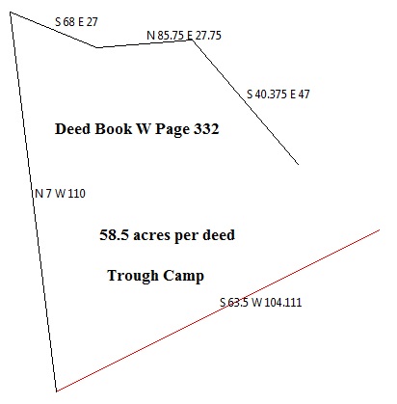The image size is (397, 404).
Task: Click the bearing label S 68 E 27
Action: [x=76, y=22]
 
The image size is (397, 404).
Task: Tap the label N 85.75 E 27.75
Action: [x=184, y=36]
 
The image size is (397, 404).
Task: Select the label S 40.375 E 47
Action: [x=278, y=94]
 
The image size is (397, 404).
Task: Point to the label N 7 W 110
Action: [x=60, y=194]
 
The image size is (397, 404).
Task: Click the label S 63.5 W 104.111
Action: [x=261, y=303]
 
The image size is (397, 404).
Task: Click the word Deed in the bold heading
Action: [x=72, y=129]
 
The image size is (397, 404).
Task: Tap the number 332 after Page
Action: [x=206, y=129]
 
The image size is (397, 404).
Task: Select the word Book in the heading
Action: [x=113, y=129]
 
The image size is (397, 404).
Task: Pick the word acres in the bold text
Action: [x=151, y=235]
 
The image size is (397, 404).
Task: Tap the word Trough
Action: [x=133, y=276]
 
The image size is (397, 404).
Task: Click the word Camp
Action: [x=183, y=276]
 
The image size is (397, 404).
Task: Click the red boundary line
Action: [x=218, y=310]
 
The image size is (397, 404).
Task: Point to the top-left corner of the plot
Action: [x=11, y=13]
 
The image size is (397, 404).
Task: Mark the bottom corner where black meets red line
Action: [x=57, y=391]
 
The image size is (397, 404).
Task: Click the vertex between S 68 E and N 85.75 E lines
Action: [x=96, y=47]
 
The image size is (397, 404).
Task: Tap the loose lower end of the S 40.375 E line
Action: [x=299, y=165]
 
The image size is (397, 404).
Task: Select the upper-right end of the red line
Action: [x=380, y=229]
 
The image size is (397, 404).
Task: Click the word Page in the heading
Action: [x=172, y=129]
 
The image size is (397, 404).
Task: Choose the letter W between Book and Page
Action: [x=144, y=129]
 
